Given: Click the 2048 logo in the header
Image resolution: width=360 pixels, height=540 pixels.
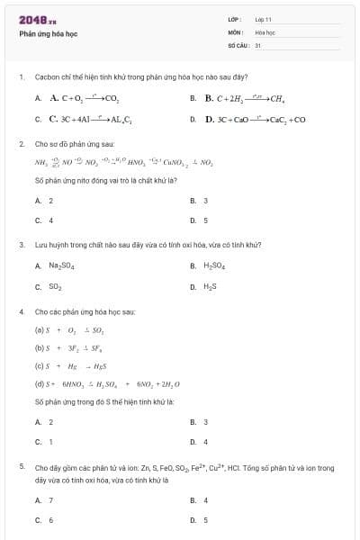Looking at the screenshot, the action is coord(32,19).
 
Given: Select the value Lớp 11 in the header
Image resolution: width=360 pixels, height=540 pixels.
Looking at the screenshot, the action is coord(263,19).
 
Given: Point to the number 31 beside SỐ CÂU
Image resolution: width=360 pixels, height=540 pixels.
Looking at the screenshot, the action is coord(258,44).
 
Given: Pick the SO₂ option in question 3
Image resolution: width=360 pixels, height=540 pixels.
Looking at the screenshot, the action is coord(55,287).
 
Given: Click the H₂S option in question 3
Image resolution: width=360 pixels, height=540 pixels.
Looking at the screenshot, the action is coord(210,287).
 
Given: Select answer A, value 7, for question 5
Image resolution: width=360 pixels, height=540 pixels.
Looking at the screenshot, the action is coord(50,499).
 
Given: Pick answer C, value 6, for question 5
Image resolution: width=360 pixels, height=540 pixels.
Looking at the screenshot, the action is coord(50,520).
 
